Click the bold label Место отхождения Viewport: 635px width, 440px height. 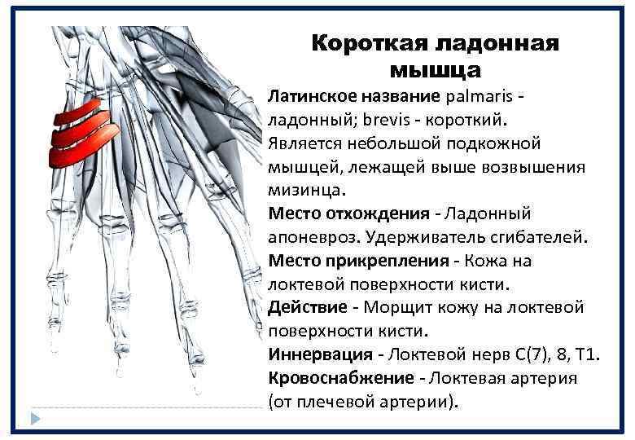tap(348, 213)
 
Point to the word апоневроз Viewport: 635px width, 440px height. tap(312, 237)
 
